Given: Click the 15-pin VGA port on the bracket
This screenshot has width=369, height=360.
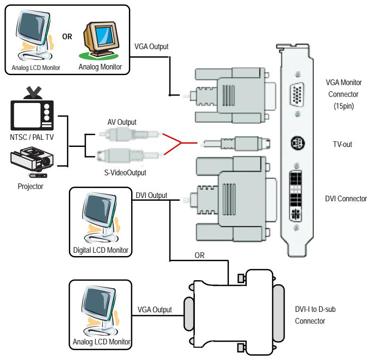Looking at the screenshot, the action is (297, 95).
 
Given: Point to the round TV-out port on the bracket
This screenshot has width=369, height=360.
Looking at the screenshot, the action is (298, 143).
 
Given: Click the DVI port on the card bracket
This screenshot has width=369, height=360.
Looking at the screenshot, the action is (296, 196).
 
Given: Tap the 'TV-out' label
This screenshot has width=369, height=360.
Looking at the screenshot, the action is (343, 144).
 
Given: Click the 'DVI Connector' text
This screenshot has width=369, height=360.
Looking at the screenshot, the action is (346, 198).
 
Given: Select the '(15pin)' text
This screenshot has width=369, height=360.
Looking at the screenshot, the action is (344, 106).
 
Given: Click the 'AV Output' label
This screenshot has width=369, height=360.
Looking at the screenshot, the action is (122, 122).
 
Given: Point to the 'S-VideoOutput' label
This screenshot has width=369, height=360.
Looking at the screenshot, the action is (125, 173).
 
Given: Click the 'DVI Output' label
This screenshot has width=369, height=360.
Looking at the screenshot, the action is (151, 195).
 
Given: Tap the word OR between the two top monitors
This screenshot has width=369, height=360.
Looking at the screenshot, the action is (67, 36).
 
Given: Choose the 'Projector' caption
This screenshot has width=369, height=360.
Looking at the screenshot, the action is (31, 186).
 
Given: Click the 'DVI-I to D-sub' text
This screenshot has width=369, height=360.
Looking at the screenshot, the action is (315, 309).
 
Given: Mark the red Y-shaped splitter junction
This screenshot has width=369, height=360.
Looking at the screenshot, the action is (181, 143).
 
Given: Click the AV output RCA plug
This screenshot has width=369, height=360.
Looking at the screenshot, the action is (129, 134).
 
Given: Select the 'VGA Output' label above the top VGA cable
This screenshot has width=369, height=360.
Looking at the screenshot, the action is (151, 47).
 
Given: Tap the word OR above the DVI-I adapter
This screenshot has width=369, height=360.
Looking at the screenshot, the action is (200, 255).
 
